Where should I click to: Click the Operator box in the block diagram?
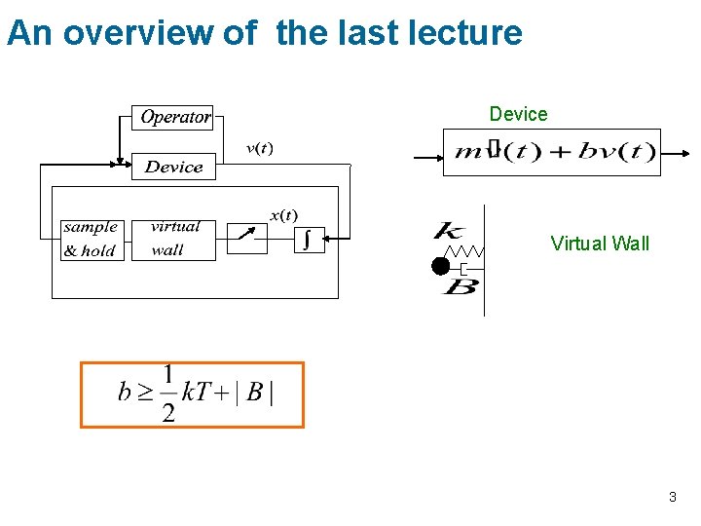[173, 117]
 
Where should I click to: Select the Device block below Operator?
[173, 167]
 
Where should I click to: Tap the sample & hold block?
[91, 239]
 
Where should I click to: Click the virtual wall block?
[172, 239]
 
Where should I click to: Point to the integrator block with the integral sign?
[309, 239]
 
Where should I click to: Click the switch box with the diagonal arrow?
[246, 237]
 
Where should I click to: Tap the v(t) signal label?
[259, 148]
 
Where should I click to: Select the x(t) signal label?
[284, 214]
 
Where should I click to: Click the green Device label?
[518, 114]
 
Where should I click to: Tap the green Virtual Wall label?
[600, 244]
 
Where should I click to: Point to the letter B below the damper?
[460, 287]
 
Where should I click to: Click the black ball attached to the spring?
[441, 265]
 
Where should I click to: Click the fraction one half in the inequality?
[168, 394]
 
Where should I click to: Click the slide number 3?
[672, 498]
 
